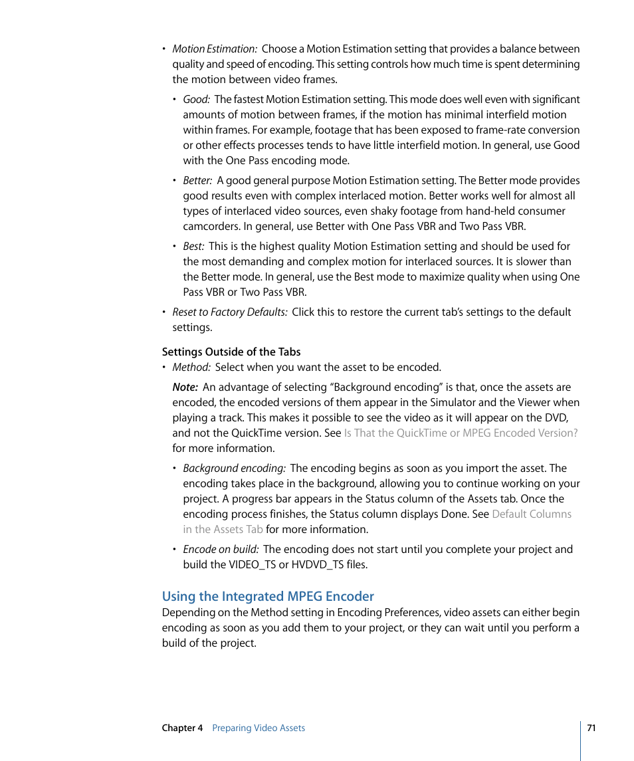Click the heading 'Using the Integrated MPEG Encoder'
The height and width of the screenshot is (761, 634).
[268, 596]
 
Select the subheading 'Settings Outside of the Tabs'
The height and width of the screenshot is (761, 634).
[231, 352]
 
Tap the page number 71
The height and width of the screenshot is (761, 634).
[591, 728]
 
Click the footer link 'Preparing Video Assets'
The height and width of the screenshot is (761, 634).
[259, 728]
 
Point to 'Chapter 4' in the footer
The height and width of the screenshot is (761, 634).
[182, 728]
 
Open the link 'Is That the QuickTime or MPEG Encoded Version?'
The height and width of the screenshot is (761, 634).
[461, 433]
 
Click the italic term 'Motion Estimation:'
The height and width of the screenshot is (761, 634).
[215, 49]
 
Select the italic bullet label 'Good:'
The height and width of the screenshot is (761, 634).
[197, 100]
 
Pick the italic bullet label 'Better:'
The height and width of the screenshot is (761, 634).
[198, 181]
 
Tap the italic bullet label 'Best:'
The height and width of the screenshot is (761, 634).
[194, 247]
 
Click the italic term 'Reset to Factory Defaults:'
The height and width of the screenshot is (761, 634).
[230, 312]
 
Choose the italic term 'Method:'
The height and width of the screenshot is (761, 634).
[191, 368]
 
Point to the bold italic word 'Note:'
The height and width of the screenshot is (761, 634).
[185, 387]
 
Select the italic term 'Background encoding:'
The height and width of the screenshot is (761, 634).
[235, 469]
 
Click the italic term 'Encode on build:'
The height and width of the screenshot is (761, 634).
[221, 550]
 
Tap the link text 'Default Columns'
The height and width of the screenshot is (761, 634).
[532, 514]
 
